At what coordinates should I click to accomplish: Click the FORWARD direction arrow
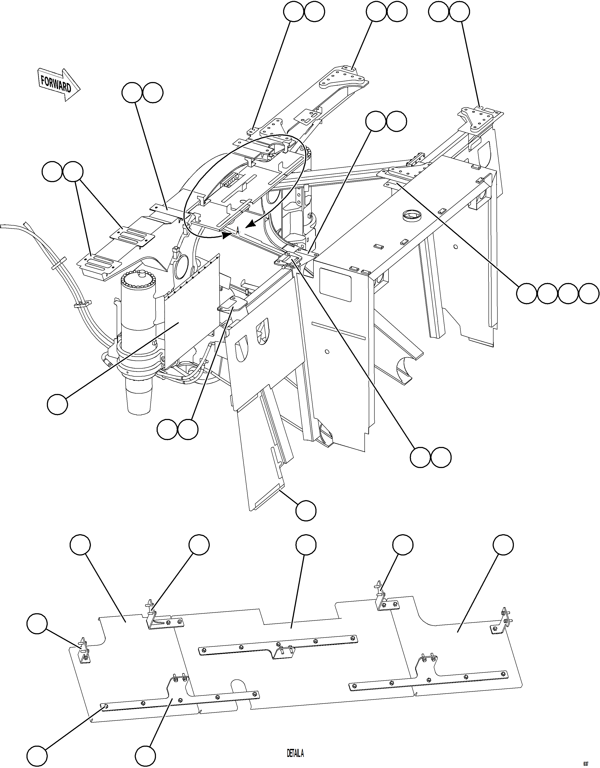pos(58,85)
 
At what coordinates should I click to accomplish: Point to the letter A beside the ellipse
pos(238,231)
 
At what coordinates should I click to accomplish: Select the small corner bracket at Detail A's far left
pos(84,651)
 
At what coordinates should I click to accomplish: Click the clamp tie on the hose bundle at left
pos(82,303)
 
